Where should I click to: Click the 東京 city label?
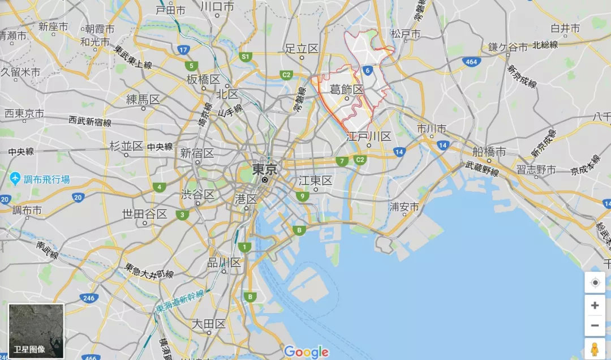pyautogui.click(x=264, y=169)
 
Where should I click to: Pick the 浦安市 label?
pyautogui.click(x=404, y=207)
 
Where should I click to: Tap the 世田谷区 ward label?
pyautogui.click(x=145, y=214)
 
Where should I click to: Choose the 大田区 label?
pyautogui.click(x=209, y=324)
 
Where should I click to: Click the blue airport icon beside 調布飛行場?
pyautogui.click(x=15, y=179)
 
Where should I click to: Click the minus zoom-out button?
pyautogui.click(x=595, y=325)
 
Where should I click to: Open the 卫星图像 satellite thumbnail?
pyautogui.click(x=36, y=332)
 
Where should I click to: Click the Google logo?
pyautogui.click(x=306, y=352)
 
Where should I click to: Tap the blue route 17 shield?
pyautogui.click(x=183, y=50)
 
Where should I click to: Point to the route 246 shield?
pyautogui.click(x=89, y=298)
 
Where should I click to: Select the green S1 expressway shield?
pyautogui.click(x=245, y=57)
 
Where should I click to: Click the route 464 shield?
pyautogui.click(x=470, y=61)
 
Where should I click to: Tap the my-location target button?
pyautogui.click(x=595, y=282)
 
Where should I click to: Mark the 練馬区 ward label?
pyautogui.click(x=143, y=100)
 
